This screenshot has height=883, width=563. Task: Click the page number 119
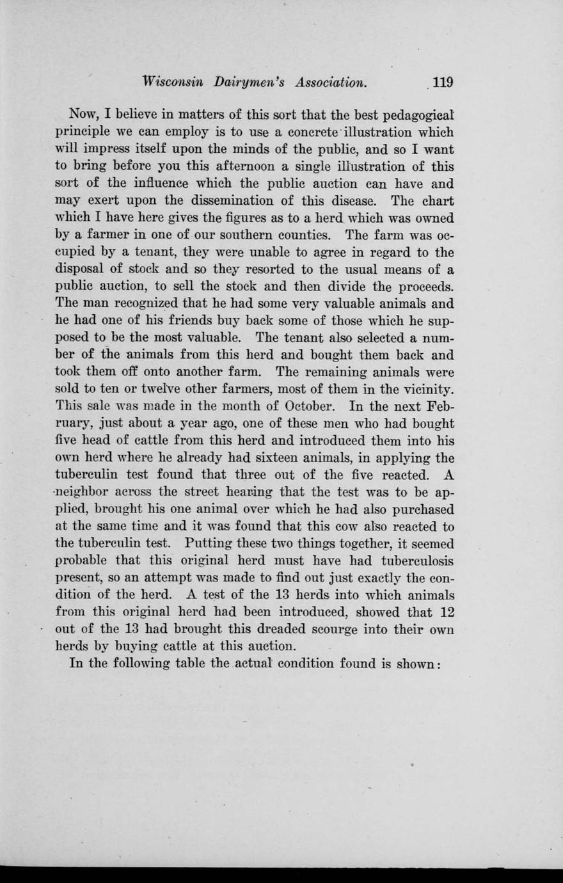coord(442,83)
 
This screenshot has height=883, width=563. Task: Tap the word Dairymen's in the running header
coord(250,83)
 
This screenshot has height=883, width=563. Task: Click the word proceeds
coord(420,285)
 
